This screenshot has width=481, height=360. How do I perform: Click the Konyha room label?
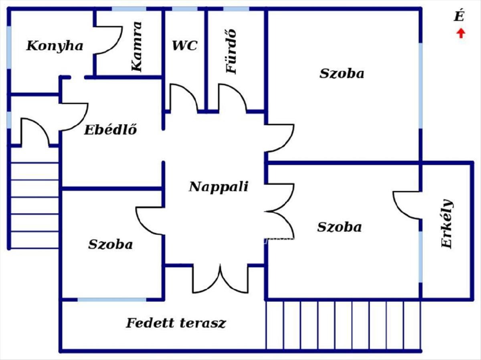(55, 46)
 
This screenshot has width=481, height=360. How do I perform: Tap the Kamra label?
(137, 46)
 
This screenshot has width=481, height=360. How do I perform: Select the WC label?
(184, 46)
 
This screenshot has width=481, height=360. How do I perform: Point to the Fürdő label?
(232, 51)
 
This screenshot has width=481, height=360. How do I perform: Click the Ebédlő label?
(111, 130)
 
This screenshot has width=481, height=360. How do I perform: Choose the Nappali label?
(218, 187)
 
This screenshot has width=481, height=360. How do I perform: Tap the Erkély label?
(447, 223)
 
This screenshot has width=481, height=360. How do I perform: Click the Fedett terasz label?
(176, 323)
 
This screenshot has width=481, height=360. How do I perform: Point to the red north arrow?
(461, 33)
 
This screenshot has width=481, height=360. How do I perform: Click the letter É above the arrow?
(459, 16)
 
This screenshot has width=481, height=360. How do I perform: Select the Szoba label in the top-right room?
(342, 74)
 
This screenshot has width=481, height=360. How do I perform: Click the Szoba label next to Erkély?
(339, 227)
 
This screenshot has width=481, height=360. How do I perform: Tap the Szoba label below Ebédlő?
(110, 244)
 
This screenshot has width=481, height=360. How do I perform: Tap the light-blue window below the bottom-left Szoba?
(112, 300)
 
